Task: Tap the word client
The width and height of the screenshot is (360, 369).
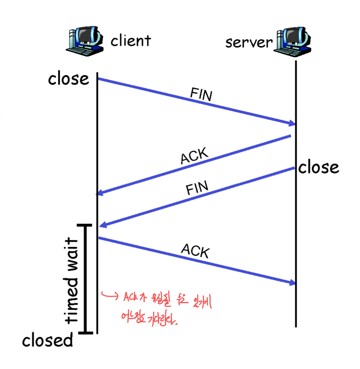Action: (131, 41)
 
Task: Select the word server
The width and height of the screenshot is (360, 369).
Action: (249, 42)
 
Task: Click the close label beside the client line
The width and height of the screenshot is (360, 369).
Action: (68, 78)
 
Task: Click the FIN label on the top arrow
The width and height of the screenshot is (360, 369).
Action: (201, 95)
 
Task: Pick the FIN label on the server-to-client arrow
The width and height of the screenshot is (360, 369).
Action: (197, 188)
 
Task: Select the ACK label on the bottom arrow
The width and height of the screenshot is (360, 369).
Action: (195, 251)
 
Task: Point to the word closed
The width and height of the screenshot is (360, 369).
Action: (48, 340)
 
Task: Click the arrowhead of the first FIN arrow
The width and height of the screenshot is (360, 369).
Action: (292, 124)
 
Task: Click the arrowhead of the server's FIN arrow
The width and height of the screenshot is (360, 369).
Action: (103, 225)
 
